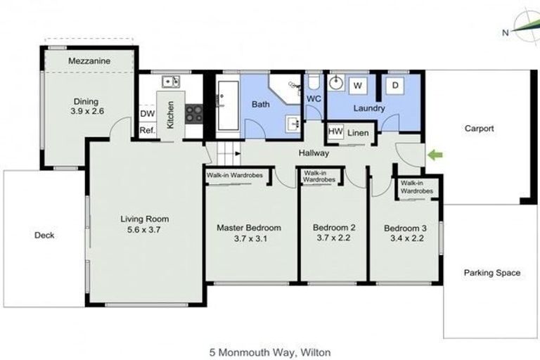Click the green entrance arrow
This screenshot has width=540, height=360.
(436, 154)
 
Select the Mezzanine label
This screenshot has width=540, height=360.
(89, 62)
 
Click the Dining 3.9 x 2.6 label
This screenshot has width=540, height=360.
(87, 107)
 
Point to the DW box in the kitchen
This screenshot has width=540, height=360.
(147, 114)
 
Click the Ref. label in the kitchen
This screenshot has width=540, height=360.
(147, 131)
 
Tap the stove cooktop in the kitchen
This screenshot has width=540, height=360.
(194, 112)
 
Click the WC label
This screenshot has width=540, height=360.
(314, 99)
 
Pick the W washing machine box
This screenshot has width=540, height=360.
(358, 86)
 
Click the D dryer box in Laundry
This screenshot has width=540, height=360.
(395, 86)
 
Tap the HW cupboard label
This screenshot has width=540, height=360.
(335, 131)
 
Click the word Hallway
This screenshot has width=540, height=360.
(314, 153)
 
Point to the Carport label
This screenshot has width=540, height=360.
(480, 129)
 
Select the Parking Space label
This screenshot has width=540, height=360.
(492, 273)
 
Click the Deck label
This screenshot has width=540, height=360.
(44, 236)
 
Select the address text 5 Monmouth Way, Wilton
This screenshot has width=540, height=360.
(270, 351)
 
